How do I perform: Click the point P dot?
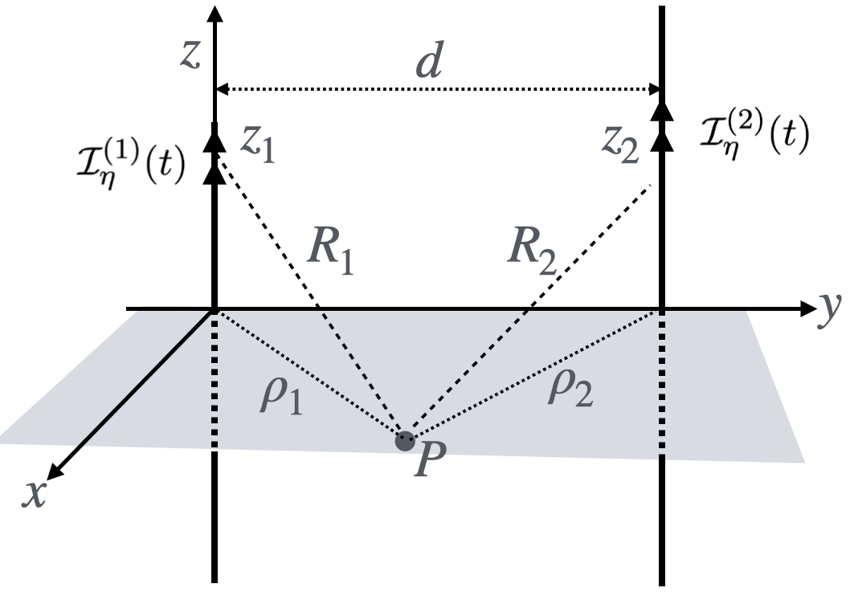405,439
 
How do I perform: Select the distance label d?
428,63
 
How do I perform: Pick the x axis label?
33,495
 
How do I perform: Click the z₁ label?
258,147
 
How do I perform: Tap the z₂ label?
623,145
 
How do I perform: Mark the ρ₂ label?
571,390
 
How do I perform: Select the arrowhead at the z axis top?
215,14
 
